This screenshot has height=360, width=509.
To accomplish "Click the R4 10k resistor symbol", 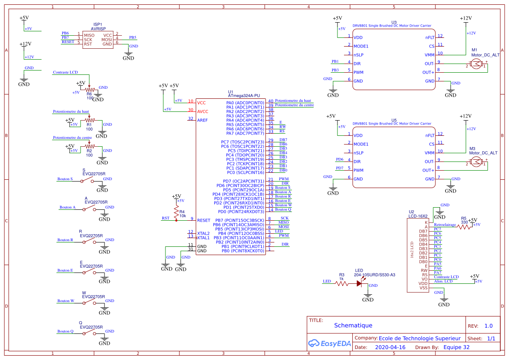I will point(176,212).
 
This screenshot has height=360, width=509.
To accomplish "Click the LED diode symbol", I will point(360,283).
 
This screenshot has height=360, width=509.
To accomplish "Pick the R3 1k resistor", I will point(341,283).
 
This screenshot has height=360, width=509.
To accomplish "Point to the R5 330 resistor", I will point(464,227).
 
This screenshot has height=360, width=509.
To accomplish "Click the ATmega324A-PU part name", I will point(244,95).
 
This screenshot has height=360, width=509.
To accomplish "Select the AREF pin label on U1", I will point(202,120).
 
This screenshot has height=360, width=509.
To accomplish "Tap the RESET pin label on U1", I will point(204,220).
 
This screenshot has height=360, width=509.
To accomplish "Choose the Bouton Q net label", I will point(65,331).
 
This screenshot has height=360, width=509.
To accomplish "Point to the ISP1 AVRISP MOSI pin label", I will point(107,40).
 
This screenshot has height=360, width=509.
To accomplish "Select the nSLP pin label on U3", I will point(358,55).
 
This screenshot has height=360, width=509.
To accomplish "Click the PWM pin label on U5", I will point(358,170).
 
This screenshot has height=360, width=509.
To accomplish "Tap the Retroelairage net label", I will point(445,225).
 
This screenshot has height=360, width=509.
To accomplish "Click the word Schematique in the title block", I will point(353,325).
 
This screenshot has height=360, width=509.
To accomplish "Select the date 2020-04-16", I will point(390,347).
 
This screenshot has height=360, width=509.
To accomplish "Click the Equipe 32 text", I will point(456,347).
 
